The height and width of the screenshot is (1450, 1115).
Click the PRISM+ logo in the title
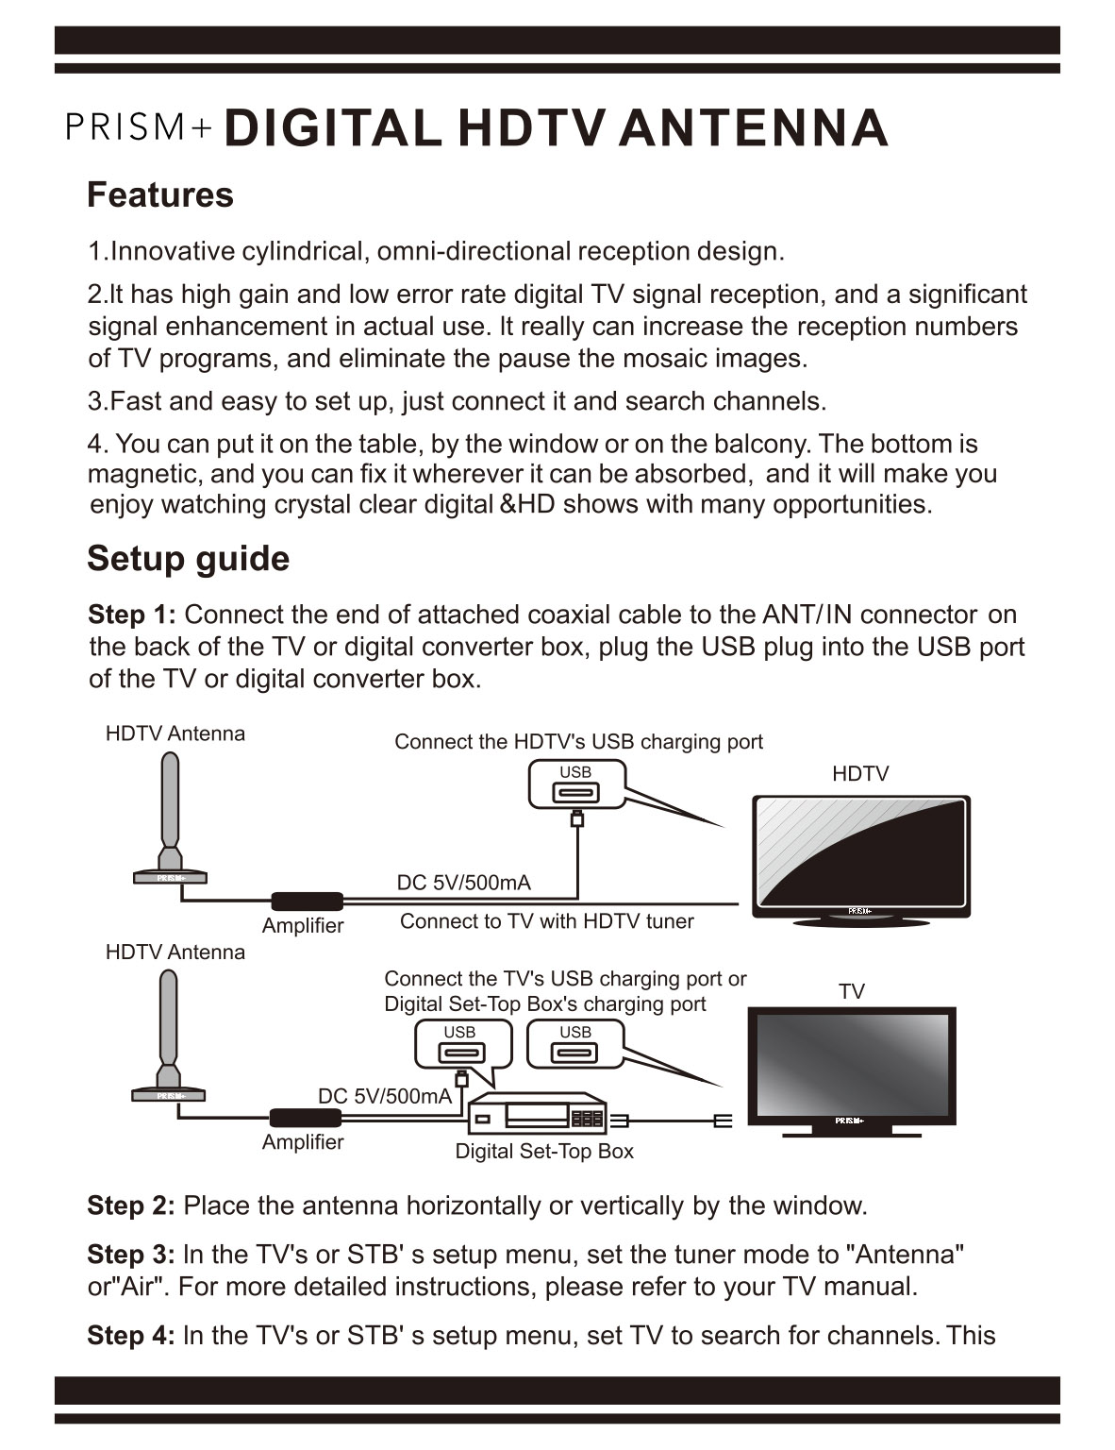(140, 127)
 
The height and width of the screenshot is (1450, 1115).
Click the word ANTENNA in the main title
(753, 127)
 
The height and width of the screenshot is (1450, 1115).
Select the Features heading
(159, 194)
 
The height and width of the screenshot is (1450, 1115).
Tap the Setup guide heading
(188, 558)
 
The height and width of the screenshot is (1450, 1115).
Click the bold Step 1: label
(131, 615)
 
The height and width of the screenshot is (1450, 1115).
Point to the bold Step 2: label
(130, 1206)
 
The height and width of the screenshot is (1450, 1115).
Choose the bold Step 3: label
(130, 1255)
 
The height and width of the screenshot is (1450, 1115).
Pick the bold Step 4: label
(130, 1336)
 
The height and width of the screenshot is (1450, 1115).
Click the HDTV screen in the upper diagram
(860, 853)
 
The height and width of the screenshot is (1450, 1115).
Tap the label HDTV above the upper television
(859, 774)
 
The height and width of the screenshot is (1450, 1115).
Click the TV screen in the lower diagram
(852, 1065)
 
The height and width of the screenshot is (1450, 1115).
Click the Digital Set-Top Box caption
(544, 1152)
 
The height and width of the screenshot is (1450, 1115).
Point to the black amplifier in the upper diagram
(307, 902)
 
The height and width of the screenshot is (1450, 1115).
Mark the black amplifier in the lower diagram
(305, 1118)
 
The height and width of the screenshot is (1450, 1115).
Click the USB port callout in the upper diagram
(575, 785)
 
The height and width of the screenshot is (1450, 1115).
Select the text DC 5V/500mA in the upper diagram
(463, 883)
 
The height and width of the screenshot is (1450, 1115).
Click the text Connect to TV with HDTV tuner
(546, 921)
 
